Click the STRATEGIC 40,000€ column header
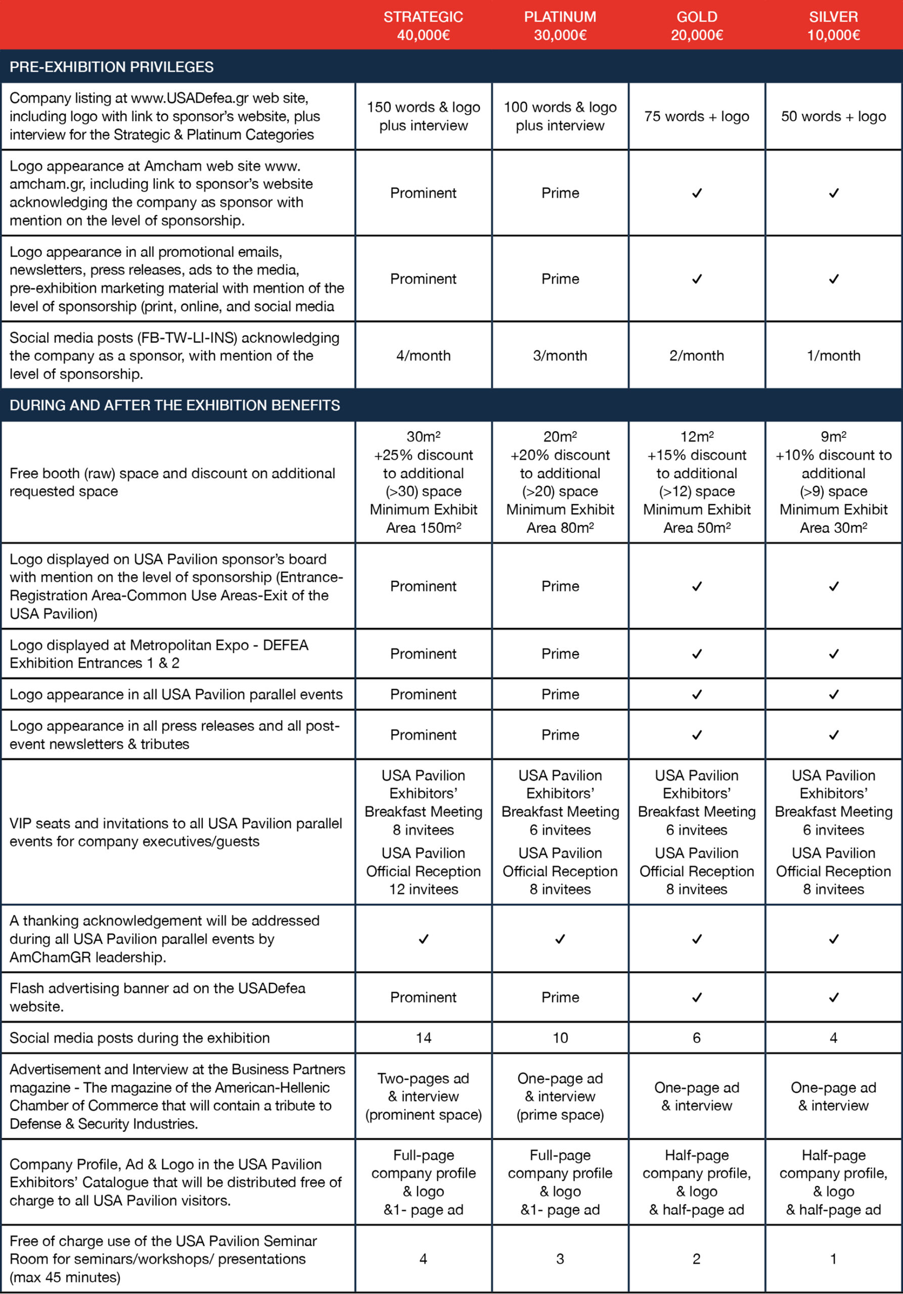(x=423, y=26)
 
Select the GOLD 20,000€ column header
(x=697, y=26)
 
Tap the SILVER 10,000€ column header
(x=833, y=26)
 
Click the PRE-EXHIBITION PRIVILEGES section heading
(x=112, y=67)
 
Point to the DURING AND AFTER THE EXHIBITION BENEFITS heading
(x=175, y=405)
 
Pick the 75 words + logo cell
(x=697, y=117)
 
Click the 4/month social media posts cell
(x=423, y=356)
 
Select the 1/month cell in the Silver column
(x=833, y=356)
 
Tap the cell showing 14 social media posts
(x=423, y=1038)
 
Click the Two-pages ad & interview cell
(x=423, y=1096)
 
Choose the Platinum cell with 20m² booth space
(x=560, y=482)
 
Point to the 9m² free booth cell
(x=833, y=482)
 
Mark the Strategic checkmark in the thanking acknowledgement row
(x=423, y=939)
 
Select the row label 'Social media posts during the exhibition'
(x=140, y=1038)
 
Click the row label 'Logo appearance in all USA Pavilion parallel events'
(x=176, y=695)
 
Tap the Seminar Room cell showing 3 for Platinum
(x=560, y=1259)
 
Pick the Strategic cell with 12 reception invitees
(x=423, y=871)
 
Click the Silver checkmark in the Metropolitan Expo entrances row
(x=833, y=654)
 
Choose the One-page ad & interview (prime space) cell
(x=560, y=1096)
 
